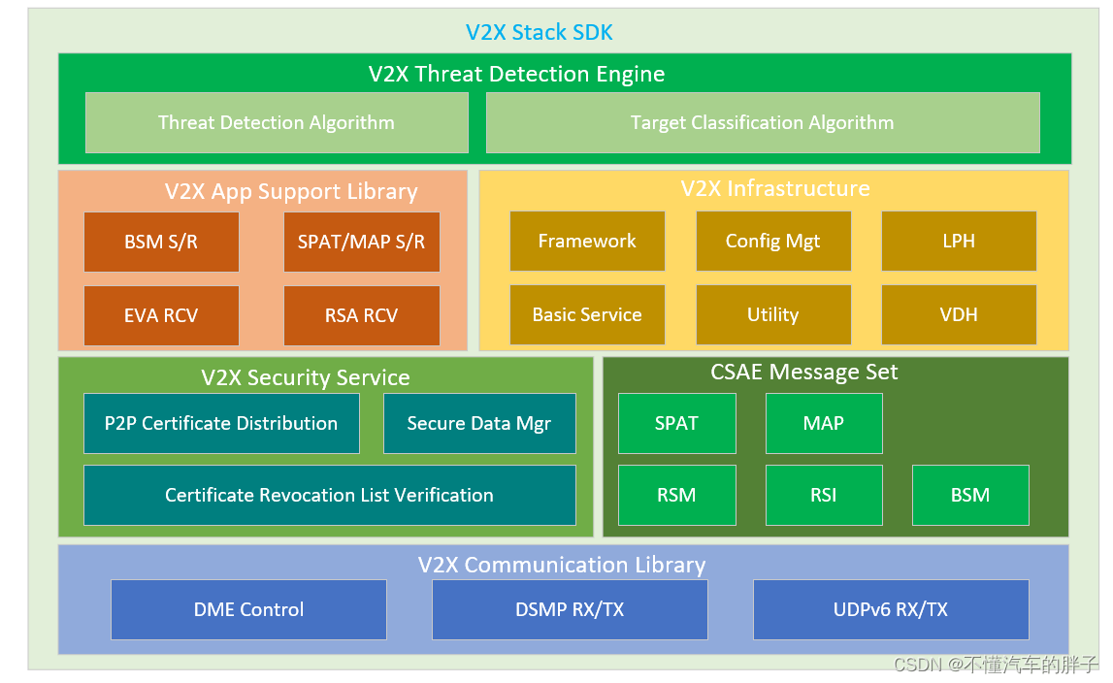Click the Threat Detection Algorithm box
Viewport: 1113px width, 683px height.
277,123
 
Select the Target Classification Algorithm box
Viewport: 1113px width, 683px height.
762,123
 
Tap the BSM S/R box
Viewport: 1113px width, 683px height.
161,242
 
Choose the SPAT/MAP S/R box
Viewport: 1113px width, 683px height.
361,242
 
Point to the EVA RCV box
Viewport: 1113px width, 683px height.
161,315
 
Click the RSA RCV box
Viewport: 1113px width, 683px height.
361,315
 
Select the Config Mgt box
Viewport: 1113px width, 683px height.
772,242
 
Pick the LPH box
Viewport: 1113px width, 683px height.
959,242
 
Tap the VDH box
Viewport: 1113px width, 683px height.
959,315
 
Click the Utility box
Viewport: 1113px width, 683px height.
772,315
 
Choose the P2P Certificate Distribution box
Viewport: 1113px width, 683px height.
221,423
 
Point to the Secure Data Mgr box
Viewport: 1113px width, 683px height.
479,423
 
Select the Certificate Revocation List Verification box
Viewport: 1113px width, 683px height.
329,495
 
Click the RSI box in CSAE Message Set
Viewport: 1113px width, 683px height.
824,495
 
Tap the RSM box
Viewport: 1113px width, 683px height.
676,495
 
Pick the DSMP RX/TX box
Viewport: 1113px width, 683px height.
570,609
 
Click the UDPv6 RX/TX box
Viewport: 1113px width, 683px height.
891,609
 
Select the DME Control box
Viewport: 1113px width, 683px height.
248,609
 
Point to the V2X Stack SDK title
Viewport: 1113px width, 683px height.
540,32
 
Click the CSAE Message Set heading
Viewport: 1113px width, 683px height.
804,373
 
